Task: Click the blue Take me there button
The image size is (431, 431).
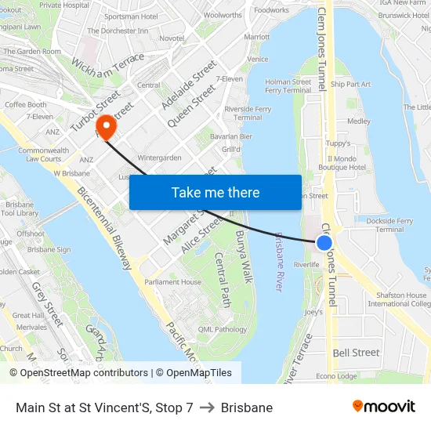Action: click(215, 192)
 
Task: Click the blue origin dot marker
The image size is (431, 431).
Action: click(324, 244)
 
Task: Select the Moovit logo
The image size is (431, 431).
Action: click(384, 407)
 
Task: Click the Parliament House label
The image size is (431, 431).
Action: click(172, 282)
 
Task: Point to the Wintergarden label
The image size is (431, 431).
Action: click(160, 158)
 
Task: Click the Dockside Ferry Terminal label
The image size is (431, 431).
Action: click(389, 226)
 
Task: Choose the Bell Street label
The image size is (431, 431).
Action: click(356, 353)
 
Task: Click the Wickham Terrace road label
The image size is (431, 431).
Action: click(108, 70)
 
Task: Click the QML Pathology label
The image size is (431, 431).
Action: click(223, 329)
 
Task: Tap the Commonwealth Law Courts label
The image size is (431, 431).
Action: click(43, 154)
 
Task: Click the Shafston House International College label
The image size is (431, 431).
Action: click(399, 299)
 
